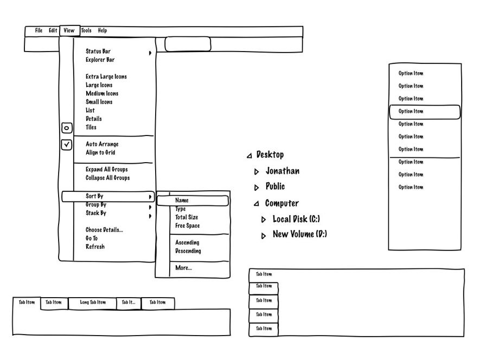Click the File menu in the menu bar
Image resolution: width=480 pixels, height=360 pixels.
(39, 31)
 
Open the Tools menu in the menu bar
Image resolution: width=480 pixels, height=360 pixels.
(86, 31)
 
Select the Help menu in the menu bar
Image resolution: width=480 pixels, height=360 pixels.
(103, 31)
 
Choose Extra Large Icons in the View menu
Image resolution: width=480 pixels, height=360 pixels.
(106, 77)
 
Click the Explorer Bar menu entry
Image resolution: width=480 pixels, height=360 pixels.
(100, 60)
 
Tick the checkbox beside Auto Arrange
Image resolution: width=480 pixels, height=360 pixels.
(67, 145)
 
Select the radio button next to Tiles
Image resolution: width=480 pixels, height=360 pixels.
(67, 128)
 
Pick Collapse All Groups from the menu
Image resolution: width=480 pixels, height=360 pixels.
(108, 178)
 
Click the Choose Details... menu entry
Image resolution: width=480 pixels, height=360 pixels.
(105, 230)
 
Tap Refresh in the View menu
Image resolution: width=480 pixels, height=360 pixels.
(95, 247)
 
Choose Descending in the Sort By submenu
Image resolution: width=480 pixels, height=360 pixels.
(188, 252)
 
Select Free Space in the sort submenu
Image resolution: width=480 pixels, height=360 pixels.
(188, 226)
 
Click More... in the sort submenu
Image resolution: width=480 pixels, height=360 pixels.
(184, 268)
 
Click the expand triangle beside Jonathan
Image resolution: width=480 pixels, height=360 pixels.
(257, 172)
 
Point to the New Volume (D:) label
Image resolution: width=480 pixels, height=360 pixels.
(300, 235)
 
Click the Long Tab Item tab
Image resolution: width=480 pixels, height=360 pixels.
(93, 303)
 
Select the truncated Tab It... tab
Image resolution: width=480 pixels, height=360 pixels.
(129, 303)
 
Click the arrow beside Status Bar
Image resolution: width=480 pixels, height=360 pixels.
(150, 53)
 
